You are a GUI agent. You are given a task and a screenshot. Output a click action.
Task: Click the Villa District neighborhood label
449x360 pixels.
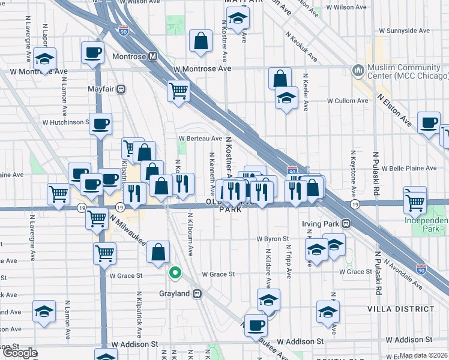[400, 308]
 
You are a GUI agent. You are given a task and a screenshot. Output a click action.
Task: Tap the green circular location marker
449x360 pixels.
[175, 273]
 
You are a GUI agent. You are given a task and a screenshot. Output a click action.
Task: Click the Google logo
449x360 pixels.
[19, 353]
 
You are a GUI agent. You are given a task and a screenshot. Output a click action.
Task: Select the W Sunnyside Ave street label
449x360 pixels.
[405, 31]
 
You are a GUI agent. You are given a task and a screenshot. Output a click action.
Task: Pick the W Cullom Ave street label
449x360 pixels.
[346, 101]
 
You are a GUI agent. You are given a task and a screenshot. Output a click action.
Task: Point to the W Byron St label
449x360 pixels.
[273, 239]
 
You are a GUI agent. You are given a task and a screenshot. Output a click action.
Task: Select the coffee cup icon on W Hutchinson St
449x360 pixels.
[100, 124]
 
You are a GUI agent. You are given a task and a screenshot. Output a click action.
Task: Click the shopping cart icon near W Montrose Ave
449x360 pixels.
[178, 91]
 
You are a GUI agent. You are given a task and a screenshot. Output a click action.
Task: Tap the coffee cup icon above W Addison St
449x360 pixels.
[256, 325]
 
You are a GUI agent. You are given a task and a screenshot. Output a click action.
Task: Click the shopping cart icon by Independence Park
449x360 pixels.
[415, 202]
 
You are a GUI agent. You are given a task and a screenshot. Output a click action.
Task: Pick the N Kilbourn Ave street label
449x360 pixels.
[189, 235]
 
